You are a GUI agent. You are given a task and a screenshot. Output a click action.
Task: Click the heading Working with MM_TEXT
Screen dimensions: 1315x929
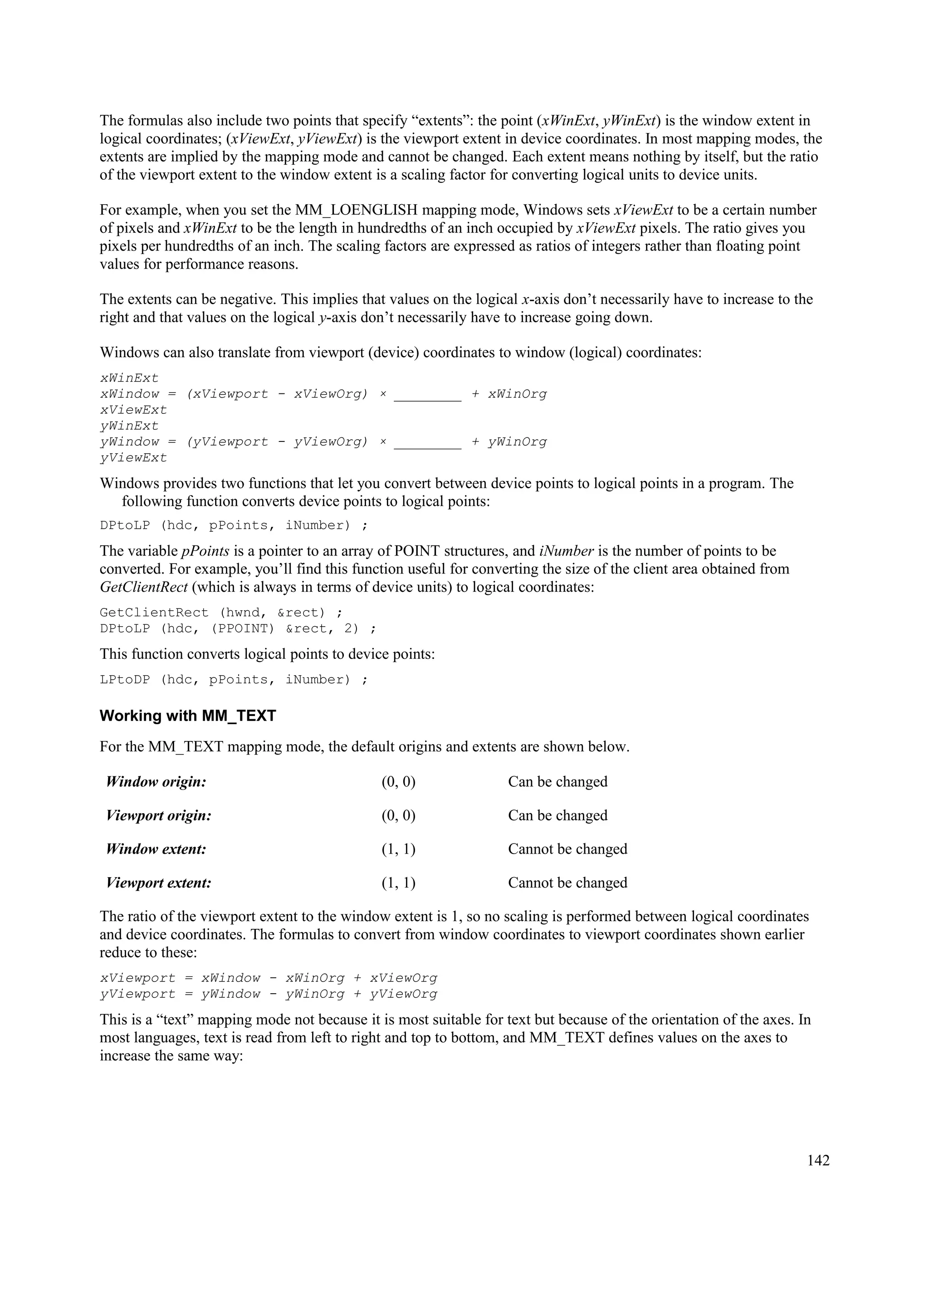click(x=187, y=716)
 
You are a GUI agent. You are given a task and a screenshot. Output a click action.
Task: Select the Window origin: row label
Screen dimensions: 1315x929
click(x=156, y=782)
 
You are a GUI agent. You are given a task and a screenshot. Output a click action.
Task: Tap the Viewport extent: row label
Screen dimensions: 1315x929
click(x=159, y=883)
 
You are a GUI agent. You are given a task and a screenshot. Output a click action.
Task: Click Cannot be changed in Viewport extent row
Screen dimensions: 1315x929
click(x=567, y=883)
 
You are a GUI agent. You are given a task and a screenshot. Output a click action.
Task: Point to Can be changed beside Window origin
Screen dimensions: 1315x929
click(x=557, y=782)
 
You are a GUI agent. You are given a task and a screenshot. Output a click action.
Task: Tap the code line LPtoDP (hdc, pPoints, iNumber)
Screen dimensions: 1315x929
click(x=234, y=680)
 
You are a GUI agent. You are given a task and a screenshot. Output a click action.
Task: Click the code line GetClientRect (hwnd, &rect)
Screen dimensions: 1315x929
click(x=221, y=613)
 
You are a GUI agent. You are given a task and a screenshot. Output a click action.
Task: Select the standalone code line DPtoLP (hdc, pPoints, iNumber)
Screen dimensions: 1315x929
click(x=234, y=526)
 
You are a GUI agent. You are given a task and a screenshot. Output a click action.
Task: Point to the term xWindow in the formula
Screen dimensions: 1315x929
click(x=129, y=394)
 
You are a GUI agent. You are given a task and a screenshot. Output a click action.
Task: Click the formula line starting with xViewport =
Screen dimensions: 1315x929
click(x=269, y=978)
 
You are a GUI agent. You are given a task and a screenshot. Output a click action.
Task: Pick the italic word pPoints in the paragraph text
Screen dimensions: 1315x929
click(x=205, y=551)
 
